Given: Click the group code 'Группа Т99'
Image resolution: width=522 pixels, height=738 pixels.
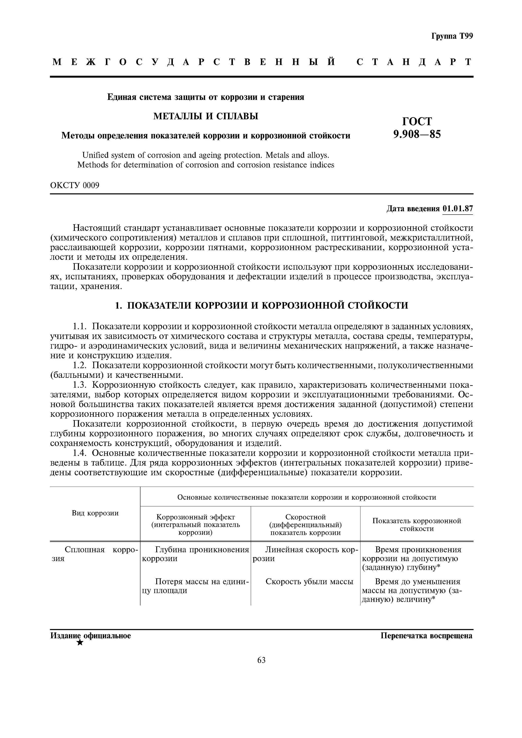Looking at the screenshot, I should (452, 36).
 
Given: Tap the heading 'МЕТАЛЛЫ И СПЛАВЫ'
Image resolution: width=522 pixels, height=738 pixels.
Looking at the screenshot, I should (206, 116).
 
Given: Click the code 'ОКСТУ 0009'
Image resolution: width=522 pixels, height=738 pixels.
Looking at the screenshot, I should (75, 185).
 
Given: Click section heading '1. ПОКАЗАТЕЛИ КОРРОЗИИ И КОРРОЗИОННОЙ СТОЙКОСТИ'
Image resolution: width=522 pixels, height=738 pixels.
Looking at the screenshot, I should (261, 305).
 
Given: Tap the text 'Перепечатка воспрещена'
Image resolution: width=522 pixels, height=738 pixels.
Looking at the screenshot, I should (426, 636).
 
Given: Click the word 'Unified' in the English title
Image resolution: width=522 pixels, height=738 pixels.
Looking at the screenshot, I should (95, 155).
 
